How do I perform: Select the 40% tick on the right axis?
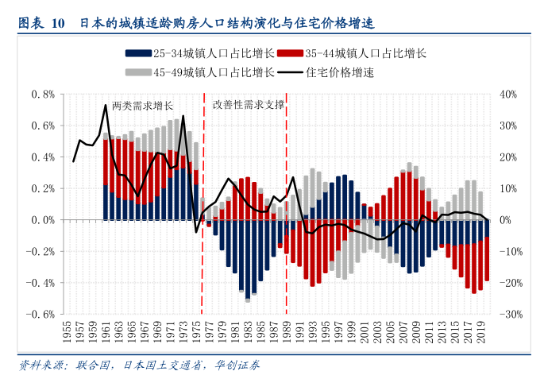[x=509, y=94]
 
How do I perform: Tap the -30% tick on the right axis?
[x=511, y=314]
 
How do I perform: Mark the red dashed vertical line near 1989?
[x=286, y=238]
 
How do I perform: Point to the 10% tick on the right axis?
[x=509, y=188]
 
